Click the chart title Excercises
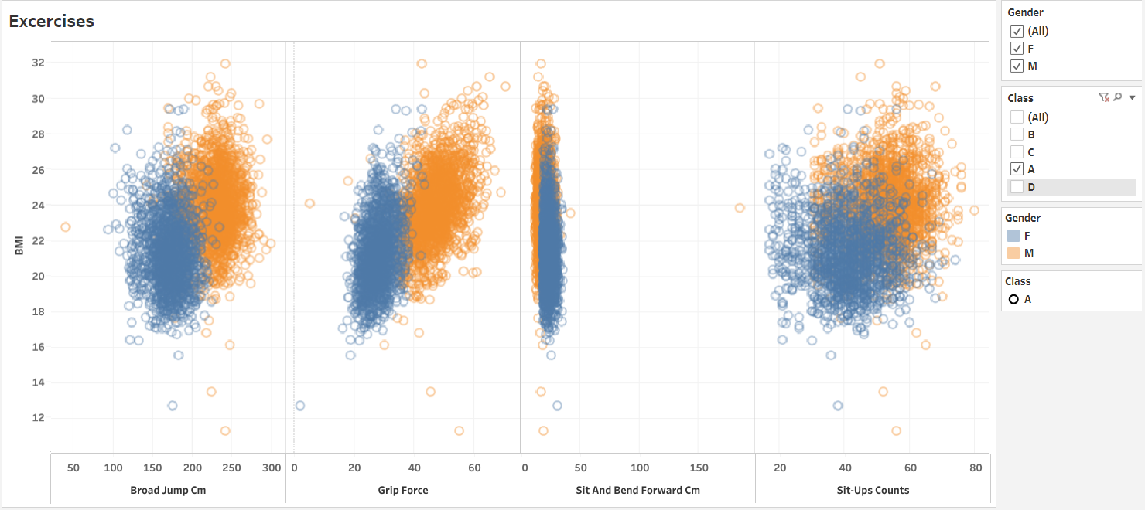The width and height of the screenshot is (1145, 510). coord(51,22)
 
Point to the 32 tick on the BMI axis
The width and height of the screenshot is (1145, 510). coord(37,63)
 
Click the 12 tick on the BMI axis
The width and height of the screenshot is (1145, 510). coord(37,418)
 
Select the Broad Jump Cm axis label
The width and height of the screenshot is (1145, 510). coord(168,490)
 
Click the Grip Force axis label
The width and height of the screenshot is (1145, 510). coord(403,490)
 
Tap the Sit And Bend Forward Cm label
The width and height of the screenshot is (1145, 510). coord(637,490)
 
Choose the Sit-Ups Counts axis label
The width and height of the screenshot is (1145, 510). coord(873,490)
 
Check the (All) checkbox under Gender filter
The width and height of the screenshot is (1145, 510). coord(1017,31)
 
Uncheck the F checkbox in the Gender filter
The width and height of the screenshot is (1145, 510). coord(1017,49)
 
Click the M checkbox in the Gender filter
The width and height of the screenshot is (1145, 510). coord(1017,66)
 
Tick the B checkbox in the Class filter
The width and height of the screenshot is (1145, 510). coord(1017,134)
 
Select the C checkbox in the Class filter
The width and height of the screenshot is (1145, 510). coord(1017,151)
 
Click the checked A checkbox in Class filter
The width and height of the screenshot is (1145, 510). coord(1017,169)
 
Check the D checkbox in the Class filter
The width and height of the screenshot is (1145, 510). coord(1017,186)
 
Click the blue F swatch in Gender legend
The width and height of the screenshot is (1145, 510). coord(1014,236)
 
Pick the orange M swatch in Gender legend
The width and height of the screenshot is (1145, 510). coord(1014,253)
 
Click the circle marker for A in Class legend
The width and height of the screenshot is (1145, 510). coord(1013,299)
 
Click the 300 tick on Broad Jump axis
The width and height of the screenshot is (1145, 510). coord(272,468)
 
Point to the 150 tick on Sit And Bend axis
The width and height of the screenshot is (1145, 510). coord(699,468)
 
